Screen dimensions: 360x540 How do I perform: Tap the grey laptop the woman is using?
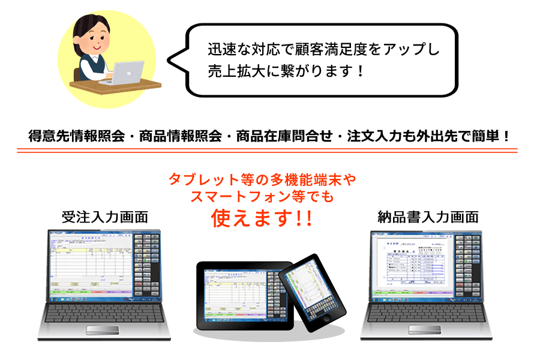(x=127, y=73)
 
